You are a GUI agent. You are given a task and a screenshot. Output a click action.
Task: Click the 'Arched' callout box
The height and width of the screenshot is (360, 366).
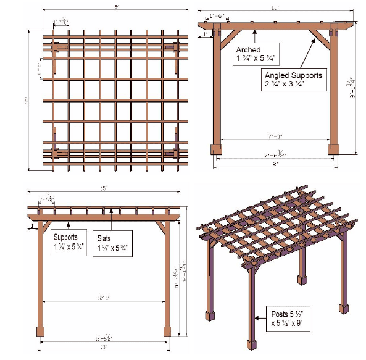255,54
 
